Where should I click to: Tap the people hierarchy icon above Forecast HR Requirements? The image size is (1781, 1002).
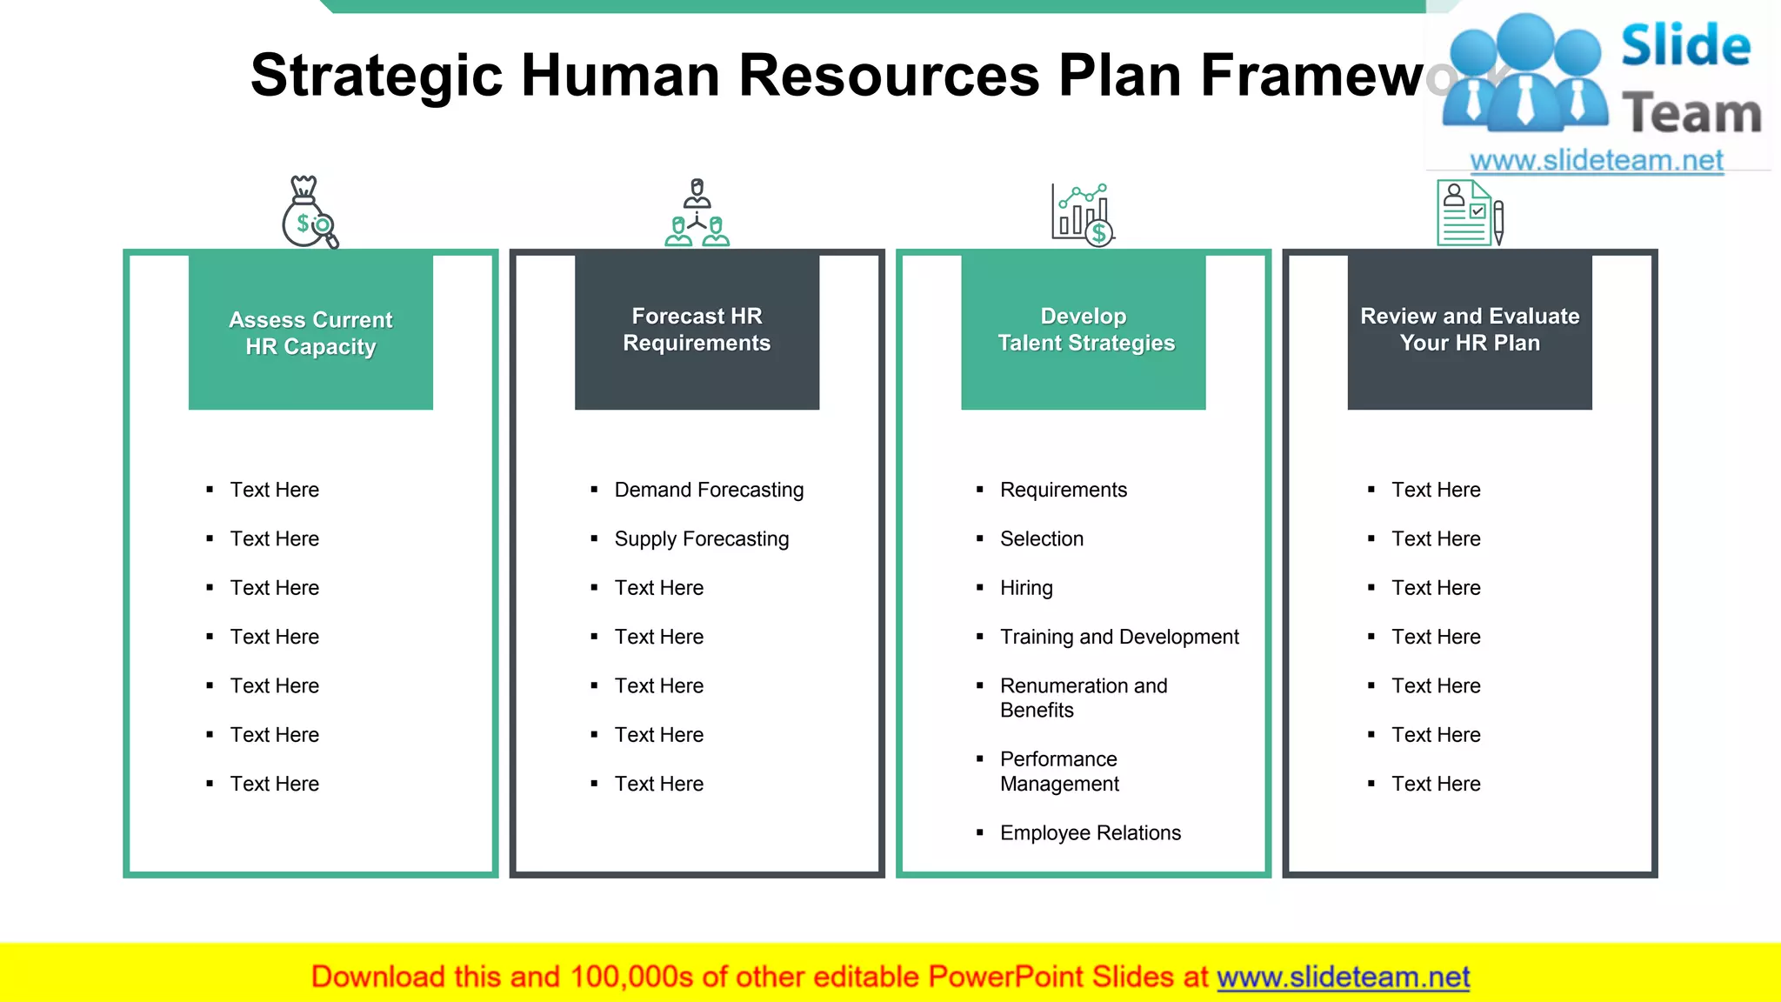click(x=697, y=213)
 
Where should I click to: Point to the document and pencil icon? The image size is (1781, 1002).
click(x=1470, y=213)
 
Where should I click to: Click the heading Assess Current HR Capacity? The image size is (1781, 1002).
click(x=310, y=332)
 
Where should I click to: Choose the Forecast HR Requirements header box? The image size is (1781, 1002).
click(x=697, y=330)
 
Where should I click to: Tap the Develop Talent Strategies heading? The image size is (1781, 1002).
click(x=1085, y=330)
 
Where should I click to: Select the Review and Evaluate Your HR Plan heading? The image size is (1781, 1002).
click(x=1470, y=330)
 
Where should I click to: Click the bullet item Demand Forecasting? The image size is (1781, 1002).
click(x=709, y=490)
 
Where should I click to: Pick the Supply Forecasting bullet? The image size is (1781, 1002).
click(x=701, y=539)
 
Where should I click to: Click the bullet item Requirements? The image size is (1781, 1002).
click(x=1063, y=490)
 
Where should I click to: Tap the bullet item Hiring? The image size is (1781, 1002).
click(x=1026, y=588)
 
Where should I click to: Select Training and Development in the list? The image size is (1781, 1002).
click(x=1119, y=637)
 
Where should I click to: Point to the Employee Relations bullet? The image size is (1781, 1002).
click(x=1090, y=833)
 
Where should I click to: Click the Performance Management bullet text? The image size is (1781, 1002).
click(x=1059, y=772)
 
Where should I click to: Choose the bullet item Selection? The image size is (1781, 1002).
click(x=1041, y=539)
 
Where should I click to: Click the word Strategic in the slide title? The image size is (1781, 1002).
click(x=376, y=76)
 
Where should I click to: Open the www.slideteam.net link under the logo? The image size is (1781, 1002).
click(x=1596, y=161)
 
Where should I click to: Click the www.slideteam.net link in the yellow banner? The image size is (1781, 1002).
click(x=1343, y=977)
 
